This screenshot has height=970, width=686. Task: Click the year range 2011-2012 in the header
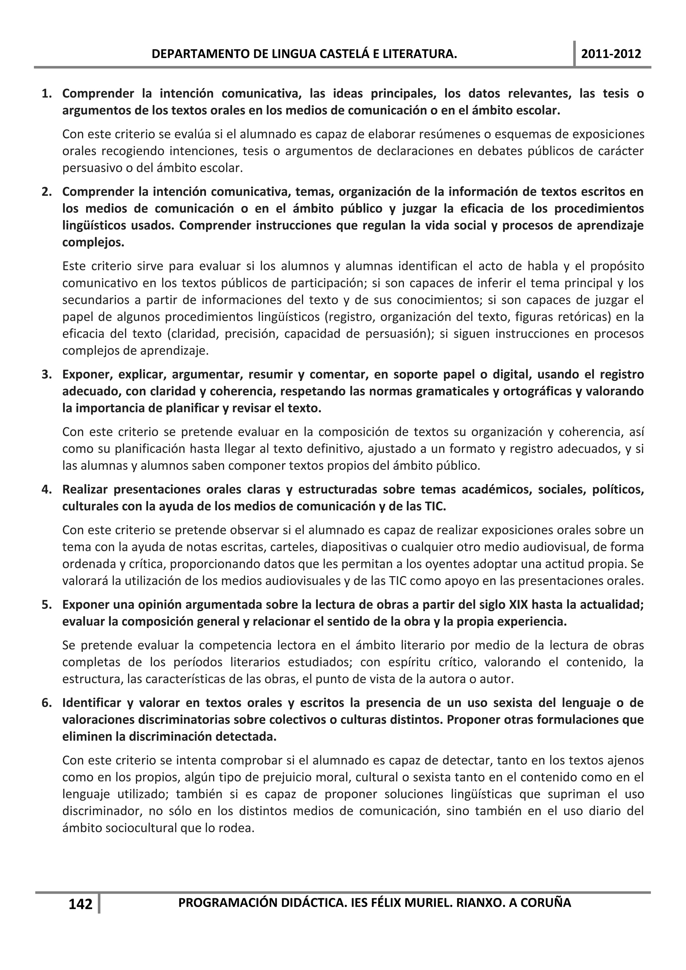click(611, 54)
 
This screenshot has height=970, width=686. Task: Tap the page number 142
click(80, 904)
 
